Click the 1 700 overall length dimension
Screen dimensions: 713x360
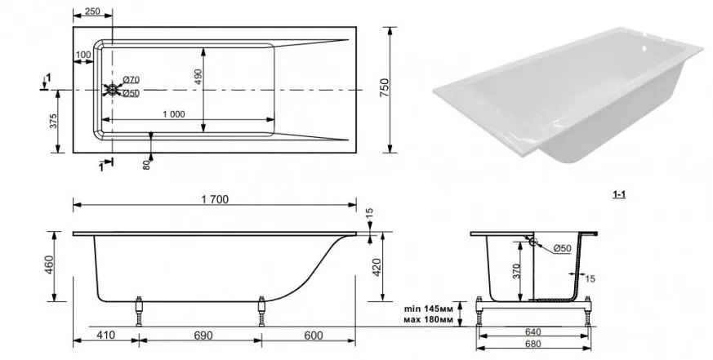point(214,199)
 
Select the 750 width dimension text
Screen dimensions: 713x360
point(384,87)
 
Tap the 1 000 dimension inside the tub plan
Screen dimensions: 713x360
point(174,114)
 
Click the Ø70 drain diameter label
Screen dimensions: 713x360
point(131,80)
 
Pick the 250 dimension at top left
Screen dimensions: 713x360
point(92,11)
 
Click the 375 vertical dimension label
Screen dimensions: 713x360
point(53,122)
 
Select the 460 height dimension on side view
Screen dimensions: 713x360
point(49,265)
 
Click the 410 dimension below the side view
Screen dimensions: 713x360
point(106,336)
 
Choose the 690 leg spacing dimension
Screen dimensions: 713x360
point(203,336)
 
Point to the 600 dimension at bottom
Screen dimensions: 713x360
point(314,336)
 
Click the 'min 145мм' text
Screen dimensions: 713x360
point(429,309)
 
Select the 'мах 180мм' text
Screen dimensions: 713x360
point(428,319)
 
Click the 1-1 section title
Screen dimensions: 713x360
point(619,194)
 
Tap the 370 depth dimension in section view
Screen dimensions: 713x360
point(516,270)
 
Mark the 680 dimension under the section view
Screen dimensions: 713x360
point(533,344)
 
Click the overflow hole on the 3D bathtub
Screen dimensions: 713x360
point(644,47)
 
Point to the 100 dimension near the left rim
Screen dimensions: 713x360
point(83,55)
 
